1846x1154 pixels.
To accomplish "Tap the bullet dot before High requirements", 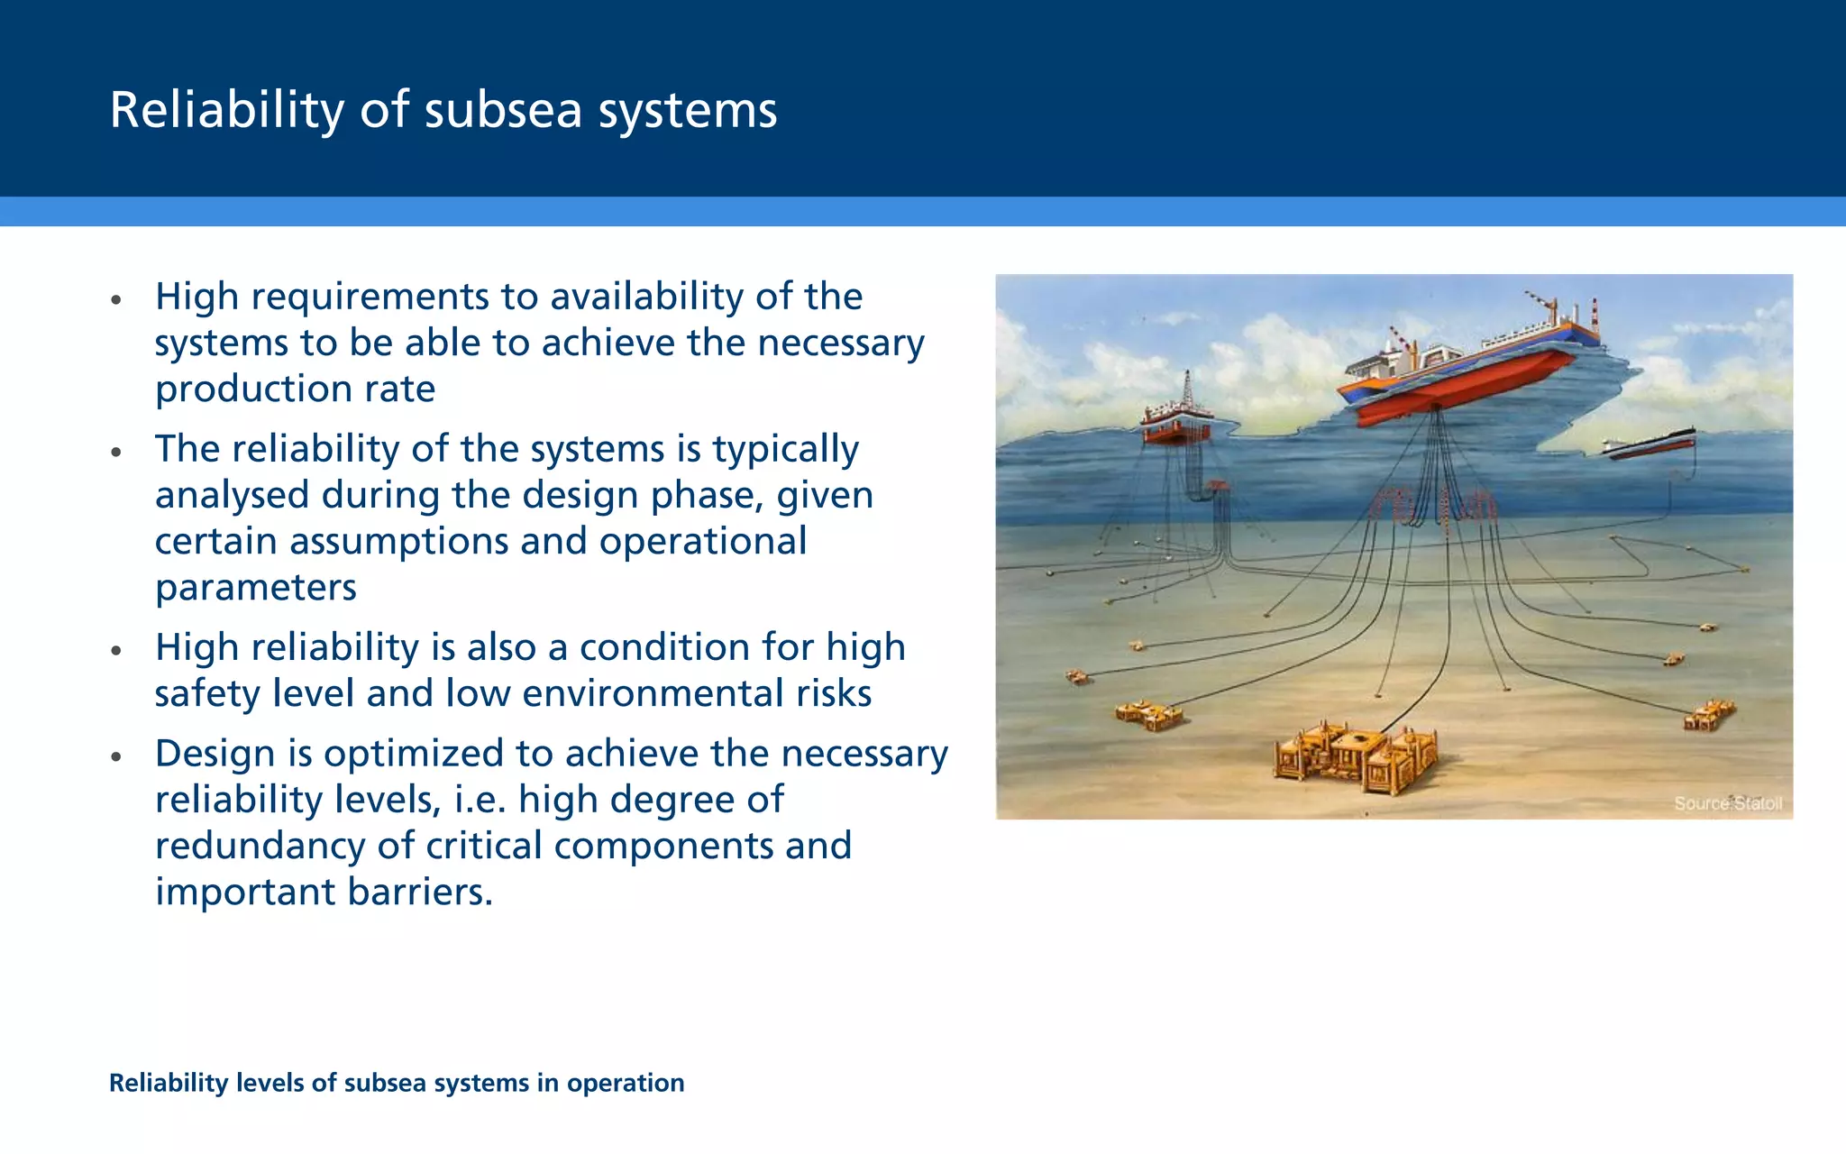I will (x=115, y=299).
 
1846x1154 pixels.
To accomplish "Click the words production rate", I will (x=295, y=389).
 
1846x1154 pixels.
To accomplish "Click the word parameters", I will (x=256, y=588).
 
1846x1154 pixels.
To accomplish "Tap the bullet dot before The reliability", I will (x=115, y=452).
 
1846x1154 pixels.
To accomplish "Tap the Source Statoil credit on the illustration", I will (x=1727, y=802).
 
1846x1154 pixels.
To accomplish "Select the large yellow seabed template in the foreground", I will (x=1354, y=756).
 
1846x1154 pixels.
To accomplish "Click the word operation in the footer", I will (x=625, y=1083).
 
